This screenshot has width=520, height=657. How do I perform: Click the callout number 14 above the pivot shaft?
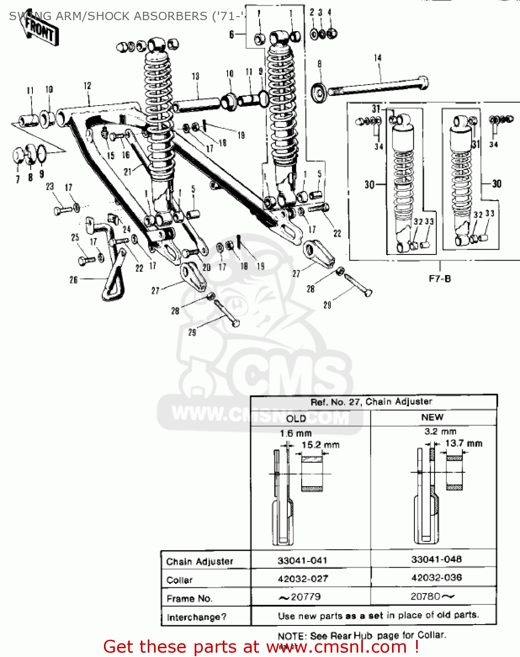(x=378, y=58)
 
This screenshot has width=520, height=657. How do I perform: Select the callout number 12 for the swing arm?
(x=87, y=86)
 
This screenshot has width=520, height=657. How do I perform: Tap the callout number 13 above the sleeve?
(x=195, y=76)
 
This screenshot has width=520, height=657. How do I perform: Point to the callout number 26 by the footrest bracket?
(x=74, y=279)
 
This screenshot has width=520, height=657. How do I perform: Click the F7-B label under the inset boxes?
(x=439, y=279)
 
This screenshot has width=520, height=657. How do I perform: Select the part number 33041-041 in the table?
(x=302, y=560)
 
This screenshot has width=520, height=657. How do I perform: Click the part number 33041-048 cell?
(x=436, y=559)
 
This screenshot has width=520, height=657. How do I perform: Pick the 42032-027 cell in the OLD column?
(x=303, y=579)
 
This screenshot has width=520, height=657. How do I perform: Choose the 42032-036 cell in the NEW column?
(x=436, y=578)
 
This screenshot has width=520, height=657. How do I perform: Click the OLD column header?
(x=296, y=418)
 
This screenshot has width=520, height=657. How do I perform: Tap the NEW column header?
(x=432, y=417)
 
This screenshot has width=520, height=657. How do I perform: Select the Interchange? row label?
(x=196, y=617)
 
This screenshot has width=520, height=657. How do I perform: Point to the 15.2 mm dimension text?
(x=320, y=445)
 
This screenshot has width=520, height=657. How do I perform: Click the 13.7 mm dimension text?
(x=463, y=443)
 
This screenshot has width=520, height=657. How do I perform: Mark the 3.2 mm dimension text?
(x=440, y=431)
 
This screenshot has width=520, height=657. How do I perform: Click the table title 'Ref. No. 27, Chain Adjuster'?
(x=371, y=402)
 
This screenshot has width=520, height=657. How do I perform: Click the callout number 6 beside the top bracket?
(x=232, y=34)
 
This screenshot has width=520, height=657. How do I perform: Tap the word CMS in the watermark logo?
(x=289, y=377)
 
